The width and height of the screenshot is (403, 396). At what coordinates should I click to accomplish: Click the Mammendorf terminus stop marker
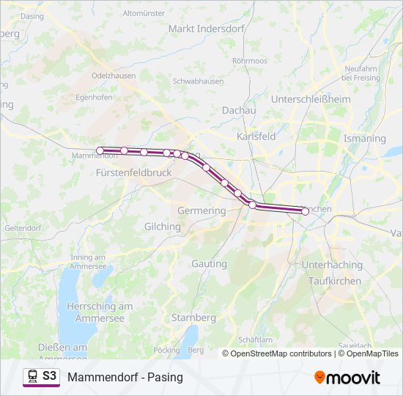coord(100,150)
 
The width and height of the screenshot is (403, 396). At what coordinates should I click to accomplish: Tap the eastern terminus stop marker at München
coord(305,211)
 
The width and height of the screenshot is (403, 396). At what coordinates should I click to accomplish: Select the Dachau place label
coord(239,110)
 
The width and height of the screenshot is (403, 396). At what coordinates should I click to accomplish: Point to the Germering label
coord(202,210)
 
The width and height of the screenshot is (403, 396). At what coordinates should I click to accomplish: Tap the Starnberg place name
coord(193,318)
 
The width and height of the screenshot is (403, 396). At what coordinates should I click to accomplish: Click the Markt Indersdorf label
coord(201,29)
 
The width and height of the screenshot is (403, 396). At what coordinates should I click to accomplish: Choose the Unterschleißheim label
coord(311,99)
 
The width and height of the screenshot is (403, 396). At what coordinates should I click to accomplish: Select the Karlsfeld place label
coord(256,136)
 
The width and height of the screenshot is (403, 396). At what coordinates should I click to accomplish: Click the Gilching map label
coord(163,227)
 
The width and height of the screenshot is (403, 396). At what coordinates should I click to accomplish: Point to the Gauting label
coord(209,263)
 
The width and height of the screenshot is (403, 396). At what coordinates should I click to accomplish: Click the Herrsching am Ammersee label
coord(100,311)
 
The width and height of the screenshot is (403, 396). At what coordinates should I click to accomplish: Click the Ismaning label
coord(364,138)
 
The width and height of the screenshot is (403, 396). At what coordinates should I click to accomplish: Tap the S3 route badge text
coord(49,376)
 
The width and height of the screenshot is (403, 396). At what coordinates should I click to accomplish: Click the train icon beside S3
coord(32,377)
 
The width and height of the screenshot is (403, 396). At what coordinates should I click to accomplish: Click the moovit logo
coord(347,378)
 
